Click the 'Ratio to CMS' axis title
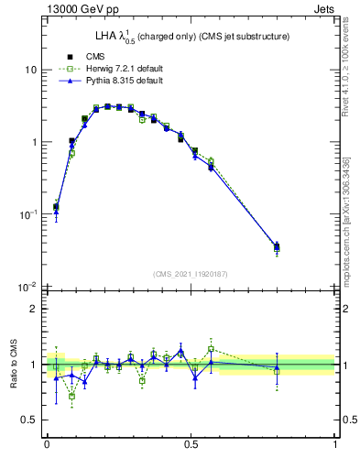point(14,365)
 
